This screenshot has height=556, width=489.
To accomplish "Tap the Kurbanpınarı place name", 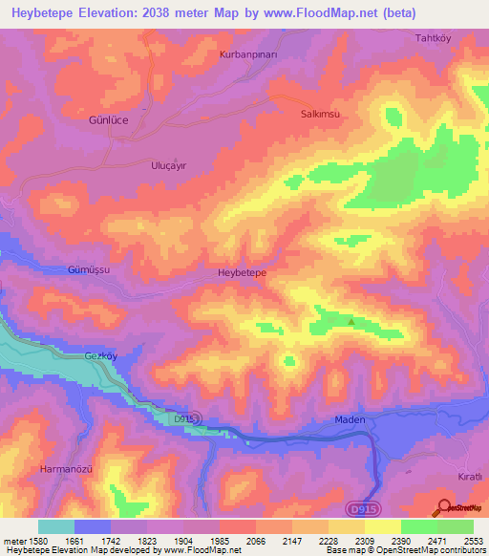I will coord(247,54).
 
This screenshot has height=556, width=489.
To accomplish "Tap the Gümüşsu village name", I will coord(90,270).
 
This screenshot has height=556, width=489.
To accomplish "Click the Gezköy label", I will coord(100,354).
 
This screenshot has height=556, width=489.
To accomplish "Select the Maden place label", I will coord(351,419).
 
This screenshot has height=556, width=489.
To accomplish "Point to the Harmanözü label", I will coord(65,468).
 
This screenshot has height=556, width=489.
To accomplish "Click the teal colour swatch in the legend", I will coord(56,526).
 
